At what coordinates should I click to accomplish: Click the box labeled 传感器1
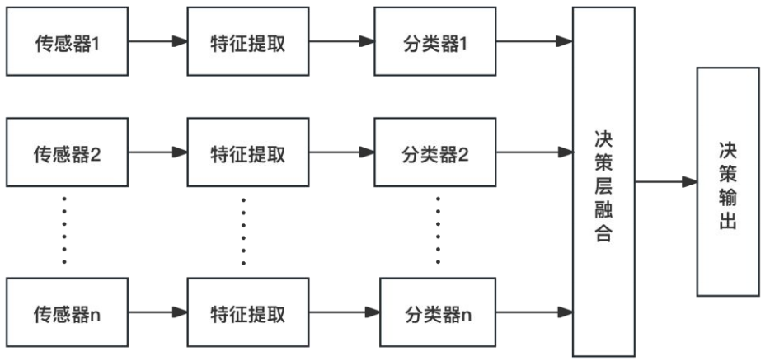(x=66, y=42)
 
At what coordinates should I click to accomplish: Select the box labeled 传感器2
(x=66, y=152)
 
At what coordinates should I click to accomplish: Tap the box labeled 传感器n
(x=66, y=312)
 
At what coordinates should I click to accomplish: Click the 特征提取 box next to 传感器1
(x=248, y=42)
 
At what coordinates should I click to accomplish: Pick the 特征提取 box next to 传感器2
(x=248, y=152)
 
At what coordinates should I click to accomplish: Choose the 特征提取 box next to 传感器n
(x=248, y=312)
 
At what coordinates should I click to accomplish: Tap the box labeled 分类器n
(x=438, y=312)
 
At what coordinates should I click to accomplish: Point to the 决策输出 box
(x=727, y=182)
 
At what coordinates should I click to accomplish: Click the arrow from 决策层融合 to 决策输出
(x=665, y=181)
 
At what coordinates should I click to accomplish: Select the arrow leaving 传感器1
(x=157, y=42)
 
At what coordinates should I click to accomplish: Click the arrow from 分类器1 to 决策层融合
(x=536, y=42)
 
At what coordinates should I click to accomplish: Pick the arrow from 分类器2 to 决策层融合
(x=536, y=152)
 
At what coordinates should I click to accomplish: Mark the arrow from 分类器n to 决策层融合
(x=536, y=312)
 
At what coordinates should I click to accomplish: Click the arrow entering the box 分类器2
(x=341, y=152)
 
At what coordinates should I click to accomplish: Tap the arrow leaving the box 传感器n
(x=157, y=312)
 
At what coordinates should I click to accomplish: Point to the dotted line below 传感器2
(x=64, y=231)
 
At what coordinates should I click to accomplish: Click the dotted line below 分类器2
(x=438, y=231)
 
